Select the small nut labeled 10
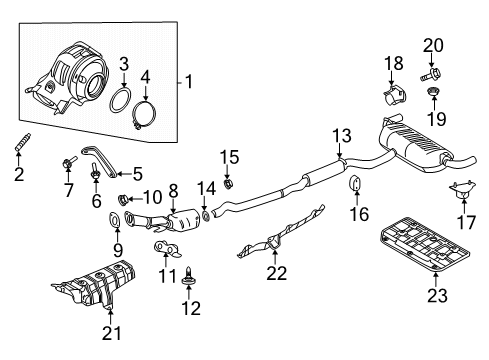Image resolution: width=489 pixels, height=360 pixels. (x=125, y=198)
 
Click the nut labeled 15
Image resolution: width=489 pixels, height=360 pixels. (x=228, y=182)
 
